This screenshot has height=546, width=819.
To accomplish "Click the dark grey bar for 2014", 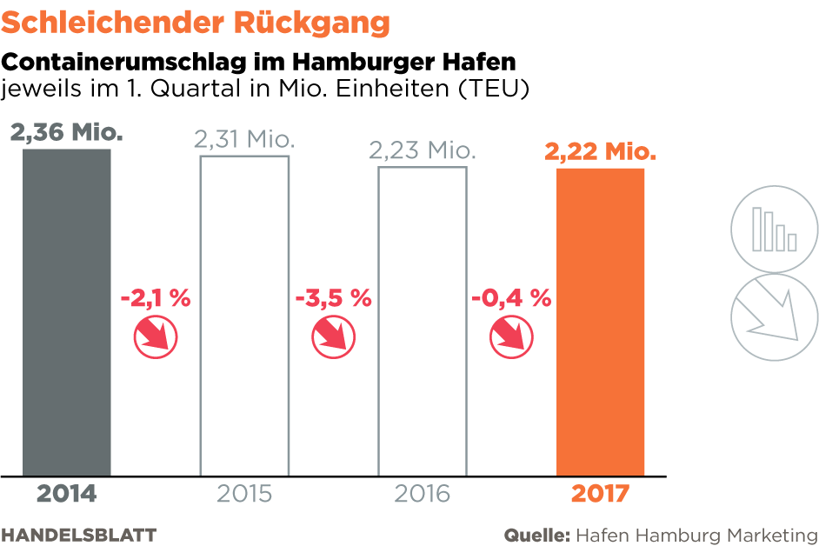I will tap(67, 313).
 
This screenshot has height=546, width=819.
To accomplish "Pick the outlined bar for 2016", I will tap(422, 321).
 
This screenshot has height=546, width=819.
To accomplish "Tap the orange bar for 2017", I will tap(600, 322).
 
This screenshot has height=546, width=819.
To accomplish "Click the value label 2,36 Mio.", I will tap(66, 133).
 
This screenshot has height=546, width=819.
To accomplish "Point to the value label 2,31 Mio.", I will tap(245, 139).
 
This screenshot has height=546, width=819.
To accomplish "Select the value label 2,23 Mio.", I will tap(423, 150).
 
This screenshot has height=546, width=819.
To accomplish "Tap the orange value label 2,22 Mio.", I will tap(600, 152).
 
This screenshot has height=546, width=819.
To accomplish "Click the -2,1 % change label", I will tap(155, 298).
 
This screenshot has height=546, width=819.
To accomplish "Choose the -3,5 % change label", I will tap(333, 298).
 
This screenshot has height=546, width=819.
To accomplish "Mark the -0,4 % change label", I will tap(511, 298).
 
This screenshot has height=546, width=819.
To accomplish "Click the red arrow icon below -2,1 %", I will tap(156, 336).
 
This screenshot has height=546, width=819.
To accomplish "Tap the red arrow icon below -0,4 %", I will tap(511, 336).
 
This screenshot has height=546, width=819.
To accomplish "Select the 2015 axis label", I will tap(244, 494).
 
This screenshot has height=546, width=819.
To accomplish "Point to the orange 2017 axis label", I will tap(600, 494).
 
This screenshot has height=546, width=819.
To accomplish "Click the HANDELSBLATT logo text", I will tap(78, 533).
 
